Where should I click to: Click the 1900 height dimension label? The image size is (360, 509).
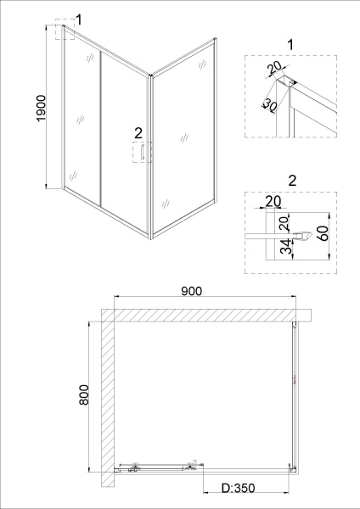42,108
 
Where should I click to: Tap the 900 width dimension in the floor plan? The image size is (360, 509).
191,291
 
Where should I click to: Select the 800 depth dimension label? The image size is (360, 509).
84,394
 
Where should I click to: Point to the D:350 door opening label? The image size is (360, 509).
238,488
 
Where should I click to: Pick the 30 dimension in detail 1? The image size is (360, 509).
269,104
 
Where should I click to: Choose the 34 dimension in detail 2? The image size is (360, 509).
285,247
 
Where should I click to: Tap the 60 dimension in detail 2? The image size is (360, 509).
324,233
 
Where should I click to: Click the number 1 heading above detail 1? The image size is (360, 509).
290,44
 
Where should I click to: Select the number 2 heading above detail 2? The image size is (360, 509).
292,181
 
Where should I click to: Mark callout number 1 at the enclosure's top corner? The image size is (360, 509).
78,20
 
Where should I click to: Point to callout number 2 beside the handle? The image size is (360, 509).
138,133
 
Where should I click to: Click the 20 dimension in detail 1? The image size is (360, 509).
274,68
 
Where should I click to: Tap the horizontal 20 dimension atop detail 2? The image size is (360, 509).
273,202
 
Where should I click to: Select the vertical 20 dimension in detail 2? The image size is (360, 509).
284,223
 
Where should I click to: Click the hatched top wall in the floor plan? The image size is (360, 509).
206,315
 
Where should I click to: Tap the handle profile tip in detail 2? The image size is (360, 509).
311,236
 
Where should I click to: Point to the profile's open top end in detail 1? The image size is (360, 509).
284,80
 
